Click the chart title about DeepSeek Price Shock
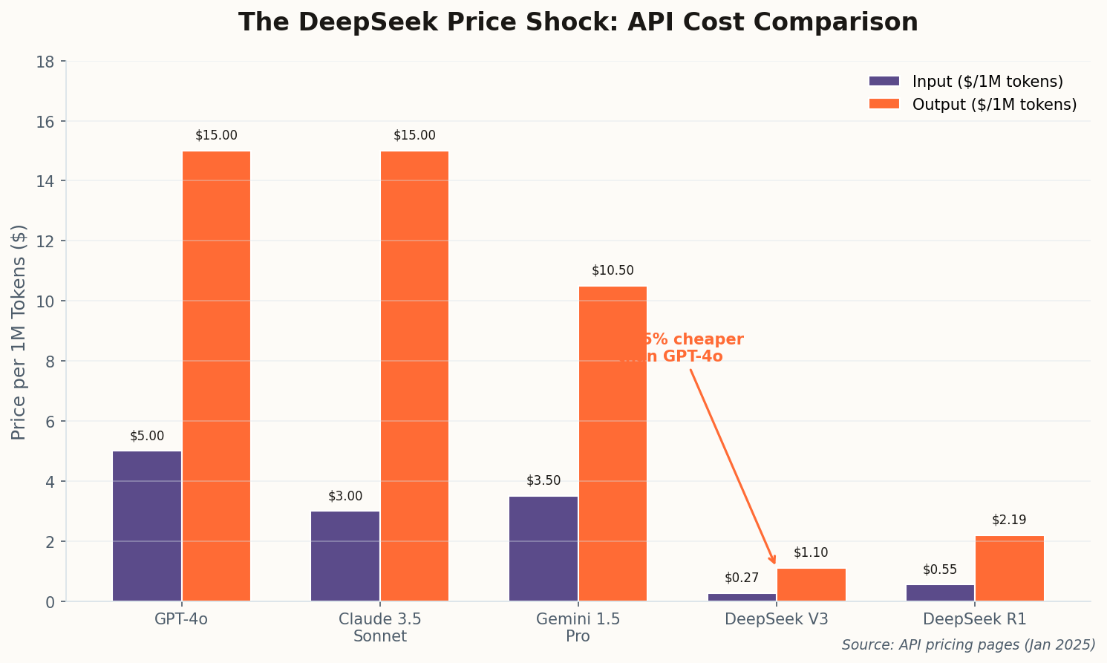(x=578, y=22)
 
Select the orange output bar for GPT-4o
(x=216, y=376)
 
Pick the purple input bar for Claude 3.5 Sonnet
(x=345, y=556)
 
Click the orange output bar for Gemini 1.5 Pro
(x=613, y=443)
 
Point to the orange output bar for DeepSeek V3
(x=811, y=585)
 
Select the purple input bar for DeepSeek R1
(x=940, y=593)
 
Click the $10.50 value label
(x=613, y=271)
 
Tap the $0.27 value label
(x=742, y=578)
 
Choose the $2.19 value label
(x=1009, y=520)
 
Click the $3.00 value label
(x=345, y=497)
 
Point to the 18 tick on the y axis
(x=45, y=62)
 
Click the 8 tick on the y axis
(x=50, y=362)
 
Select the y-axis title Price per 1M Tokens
(x=19, y=332)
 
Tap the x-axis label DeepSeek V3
(x=777, y=619)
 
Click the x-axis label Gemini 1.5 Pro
(x=578, y=627)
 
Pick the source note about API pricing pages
(x=968, y=645)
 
